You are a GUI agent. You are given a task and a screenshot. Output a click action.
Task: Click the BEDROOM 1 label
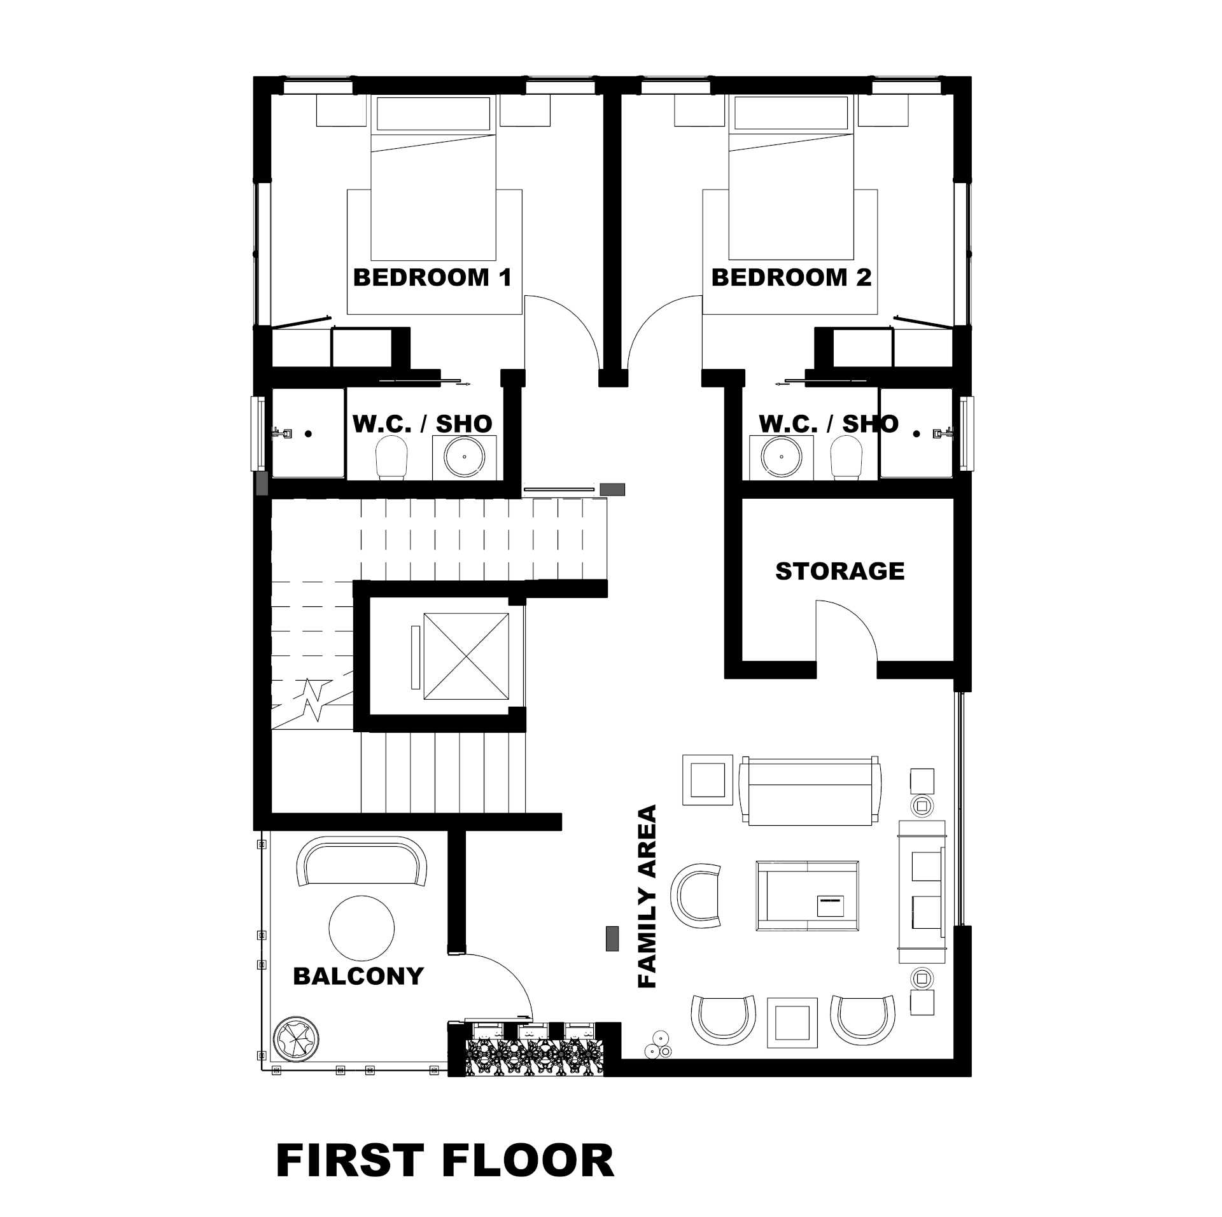point(432,277)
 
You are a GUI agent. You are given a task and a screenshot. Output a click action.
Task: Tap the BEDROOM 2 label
point(791,277)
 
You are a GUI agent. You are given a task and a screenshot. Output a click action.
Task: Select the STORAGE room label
point(839,571)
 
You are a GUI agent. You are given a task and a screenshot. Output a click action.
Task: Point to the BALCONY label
point(358,976)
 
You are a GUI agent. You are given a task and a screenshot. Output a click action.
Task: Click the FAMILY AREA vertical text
point(647,896)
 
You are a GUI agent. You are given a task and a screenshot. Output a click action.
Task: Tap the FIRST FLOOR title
point(445,1161)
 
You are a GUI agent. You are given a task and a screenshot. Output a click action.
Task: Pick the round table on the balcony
point(362,928)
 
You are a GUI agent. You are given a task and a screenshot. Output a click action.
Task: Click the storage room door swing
point(853,627)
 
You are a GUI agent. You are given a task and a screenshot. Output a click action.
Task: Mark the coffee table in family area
point(807,897)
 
